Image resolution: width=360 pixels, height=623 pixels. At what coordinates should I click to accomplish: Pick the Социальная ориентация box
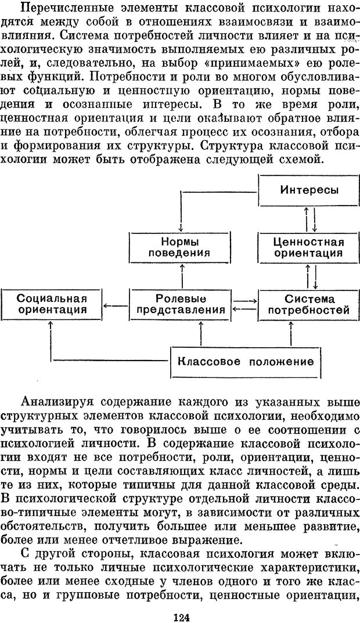click(52, 304)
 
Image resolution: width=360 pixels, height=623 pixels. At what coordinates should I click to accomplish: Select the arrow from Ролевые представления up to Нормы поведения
click(182, 276)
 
